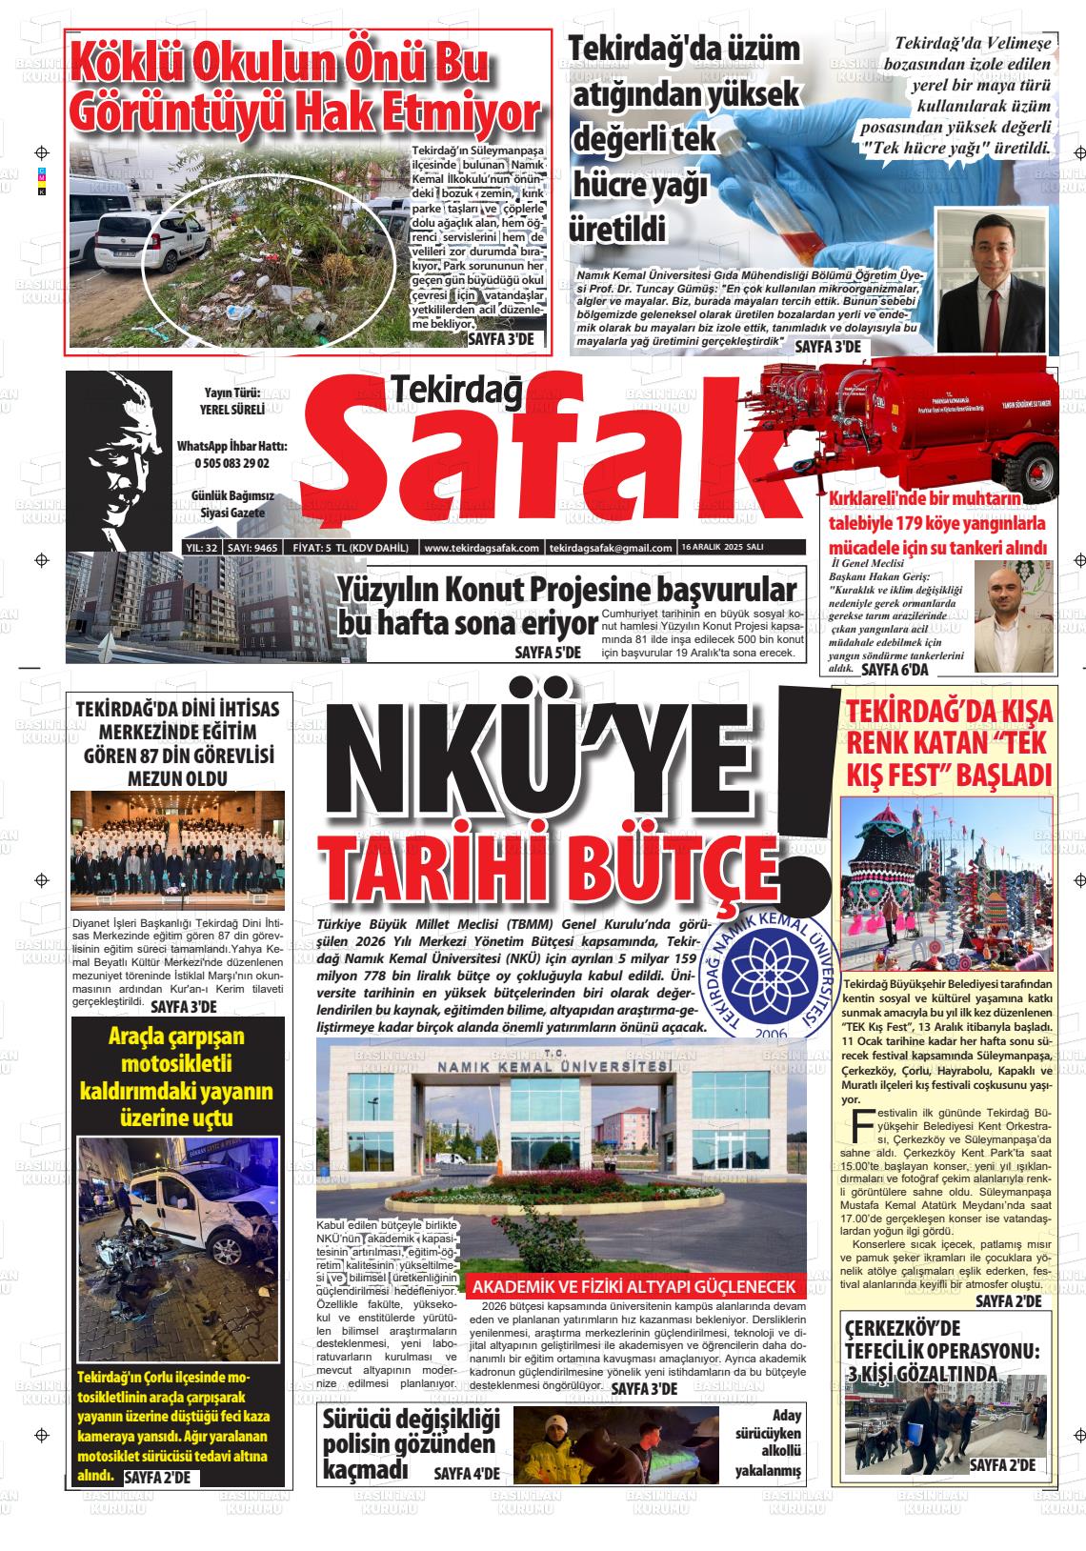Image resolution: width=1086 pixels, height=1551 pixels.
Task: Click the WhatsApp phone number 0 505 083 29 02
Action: (x=231, y=463)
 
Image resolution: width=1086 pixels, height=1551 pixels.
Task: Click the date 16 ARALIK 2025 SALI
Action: (x=710, y=548)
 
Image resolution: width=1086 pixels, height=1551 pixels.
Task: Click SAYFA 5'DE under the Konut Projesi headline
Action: (x=548, y=653)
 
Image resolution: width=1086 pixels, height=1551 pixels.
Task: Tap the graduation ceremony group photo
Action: (x=178, y=850)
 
